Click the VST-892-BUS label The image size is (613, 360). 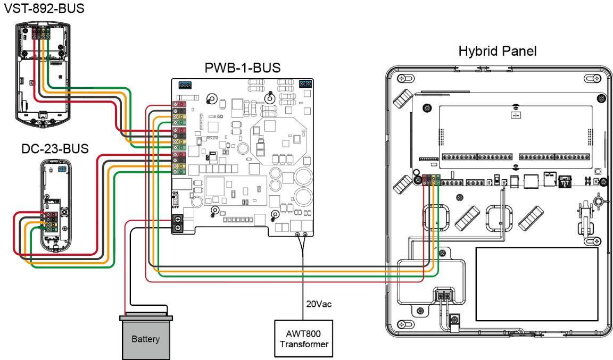coord(44,8)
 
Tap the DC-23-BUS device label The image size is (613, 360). coord(55,148)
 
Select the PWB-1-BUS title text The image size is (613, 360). coord(243,68)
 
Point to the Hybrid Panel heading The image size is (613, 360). coord(498,51)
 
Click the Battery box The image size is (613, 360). coord(145,337)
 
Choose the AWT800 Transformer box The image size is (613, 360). coord(303,339)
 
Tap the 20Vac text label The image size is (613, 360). coord(319,304)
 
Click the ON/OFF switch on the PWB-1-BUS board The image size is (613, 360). coord(175,199)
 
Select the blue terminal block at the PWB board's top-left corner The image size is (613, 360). coord(185,85)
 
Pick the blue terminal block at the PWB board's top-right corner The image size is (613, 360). coord(305,84)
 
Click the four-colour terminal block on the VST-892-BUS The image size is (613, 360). coord(41,33)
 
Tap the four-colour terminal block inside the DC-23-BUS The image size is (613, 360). coord(52,222)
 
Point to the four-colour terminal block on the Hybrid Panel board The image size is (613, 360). coord(431,180)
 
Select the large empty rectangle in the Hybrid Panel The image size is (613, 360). coord(537,284)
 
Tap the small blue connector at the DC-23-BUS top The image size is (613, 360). coord(62,169)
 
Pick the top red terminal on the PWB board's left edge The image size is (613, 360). coord(179,104)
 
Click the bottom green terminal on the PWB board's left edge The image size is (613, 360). coord(179,172)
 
